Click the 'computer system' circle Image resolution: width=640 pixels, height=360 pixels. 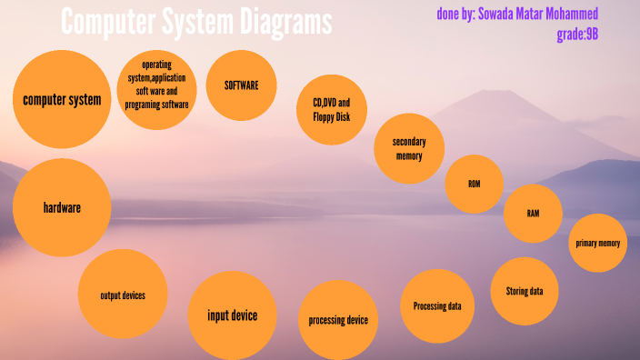coord(62,100)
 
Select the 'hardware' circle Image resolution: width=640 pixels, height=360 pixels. coord(62,207)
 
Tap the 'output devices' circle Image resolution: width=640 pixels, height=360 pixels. coord(123,294)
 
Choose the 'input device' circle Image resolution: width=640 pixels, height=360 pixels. coord(232,315)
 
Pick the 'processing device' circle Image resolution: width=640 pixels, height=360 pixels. coord(338,320)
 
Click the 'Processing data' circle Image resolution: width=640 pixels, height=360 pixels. coord(437,306)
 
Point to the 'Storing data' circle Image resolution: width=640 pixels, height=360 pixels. coord(524,291)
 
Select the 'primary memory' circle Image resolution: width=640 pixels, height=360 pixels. coord(598,243)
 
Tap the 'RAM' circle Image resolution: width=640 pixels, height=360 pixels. coord(534,214)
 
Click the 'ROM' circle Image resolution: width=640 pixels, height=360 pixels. coord(474,184)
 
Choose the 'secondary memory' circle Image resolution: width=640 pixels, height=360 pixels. coord(409,148)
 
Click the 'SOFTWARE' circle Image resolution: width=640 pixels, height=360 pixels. coord(242,85)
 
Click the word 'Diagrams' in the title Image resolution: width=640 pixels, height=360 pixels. coord(284,22)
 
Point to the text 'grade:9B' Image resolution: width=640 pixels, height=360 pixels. coord(576,35)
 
